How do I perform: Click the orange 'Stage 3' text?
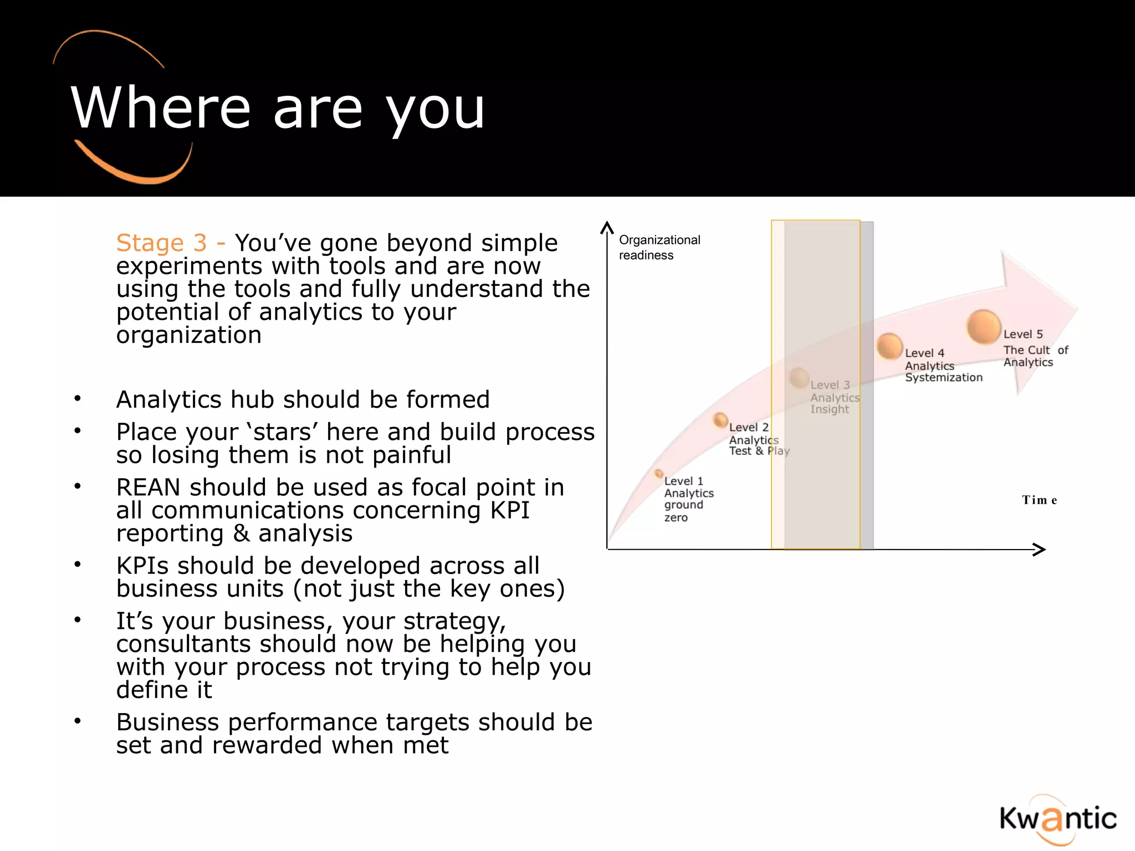click(x=161, y=243)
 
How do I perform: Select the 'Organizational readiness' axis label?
click(x=659, y=247)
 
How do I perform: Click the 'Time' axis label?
click(x=1039, y=500)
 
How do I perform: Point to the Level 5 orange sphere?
click(x=983, y=326)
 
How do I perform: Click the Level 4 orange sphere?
click(x=889, y=346)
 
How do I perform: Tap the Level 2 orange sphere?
click(x=720, y=420)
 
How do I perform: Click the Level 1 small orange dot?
click(x=658, y=473)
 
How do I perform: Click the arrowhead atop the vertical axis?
click(x=607, y=227)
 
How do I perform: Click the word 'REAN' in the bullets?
click(x=148, y=488)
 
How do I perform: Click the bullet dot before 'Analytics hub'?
click(x=78, y=398)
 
